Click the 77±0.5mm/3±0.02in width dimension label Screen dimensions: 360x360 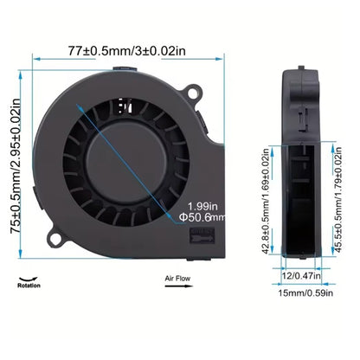tap(125, 51)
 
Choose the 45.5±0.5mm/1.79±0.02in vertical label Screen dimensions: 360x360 tap(334, 202)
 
